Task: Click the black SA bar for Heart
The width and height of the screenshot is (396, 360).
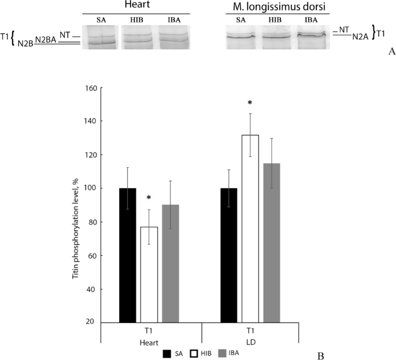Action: (x=128, y=255)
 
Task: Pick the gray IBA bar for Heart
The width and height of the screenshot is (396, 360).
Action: (x=171, y=263)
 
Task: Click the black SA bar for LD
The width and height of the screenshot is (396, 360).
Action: (x=229, y=255)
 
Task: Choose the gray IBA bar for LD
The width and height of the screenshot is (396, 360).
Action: (x=272, y=243)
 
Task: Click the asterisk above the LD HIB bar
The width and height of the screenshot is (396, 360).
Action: (x=250, y=103)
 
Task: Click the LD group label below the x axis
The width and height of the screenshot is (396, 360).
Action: (x=250, y=341)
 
